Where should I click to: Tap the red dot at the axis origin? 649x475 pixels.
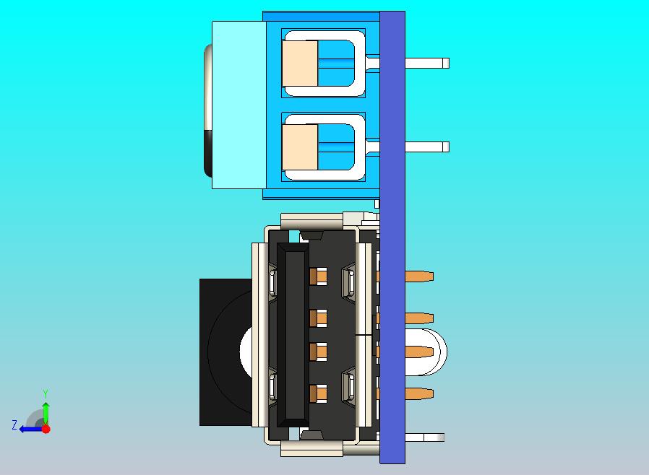pos(46,429)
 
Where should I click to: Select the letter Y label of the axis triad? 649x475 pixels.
pos(46,393)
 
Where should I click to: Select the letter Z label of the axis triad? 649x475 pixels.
pos(14,424)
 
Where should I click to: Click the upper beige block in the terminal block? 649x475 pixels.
pos(301,64)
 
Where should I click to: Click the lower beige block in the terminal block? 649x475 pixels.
pos(301,147)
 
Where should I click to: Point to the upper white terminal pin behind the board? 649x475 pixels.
pos(426,64)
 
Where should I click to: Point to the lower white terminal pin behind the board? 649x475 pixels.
pos(426,147)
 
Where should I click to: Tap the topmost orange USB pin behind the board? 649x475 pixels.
pos(419,276)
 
